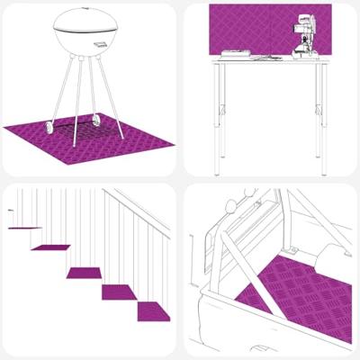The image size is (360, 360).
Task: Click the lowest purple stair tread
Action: pyautogui.click(x=153, y=311)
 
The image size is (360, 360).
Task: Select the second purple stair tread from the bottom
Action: pyautogui.click(x=118, y=292)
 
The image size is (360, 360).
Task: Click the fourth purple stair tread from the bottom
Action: pyautogui.click(x=50, y=247)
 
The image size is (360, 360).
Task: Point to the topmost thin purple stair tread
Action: pyautogui.click(x=24, y=228)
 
